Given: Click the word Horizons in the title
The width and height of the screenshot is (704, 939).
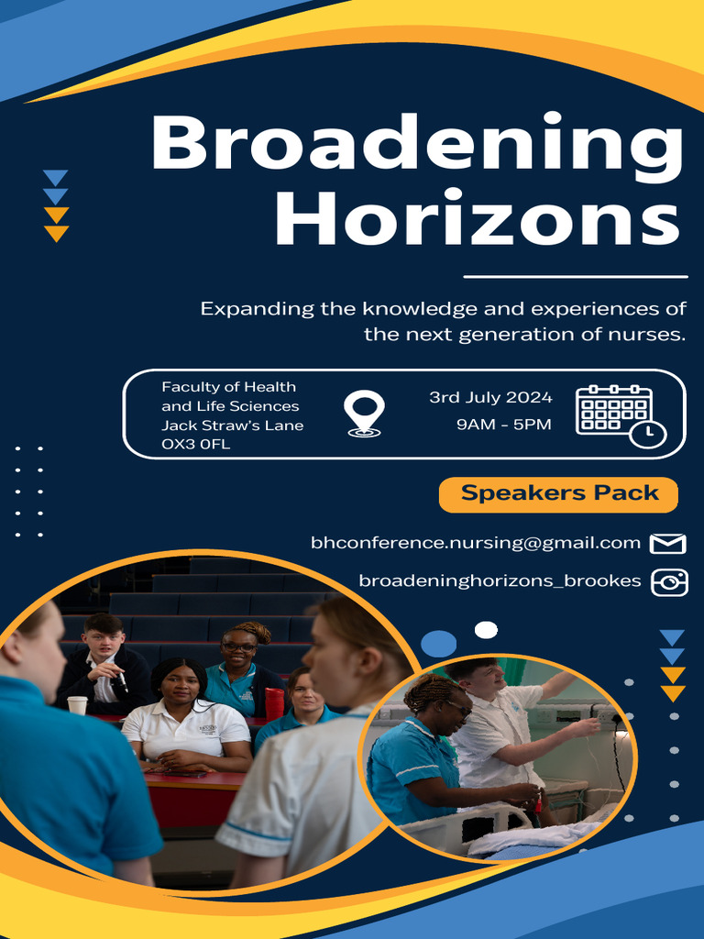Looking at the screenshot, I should point(477,220).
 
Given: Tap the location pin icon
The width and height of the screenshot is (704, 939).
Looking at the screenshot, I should point(364,414).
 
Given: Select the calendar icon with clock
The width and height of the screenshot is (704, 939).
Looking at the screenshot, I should point(620,415).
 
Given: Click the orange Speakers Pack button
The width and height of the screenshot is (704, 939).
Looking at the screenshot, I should point(558,493).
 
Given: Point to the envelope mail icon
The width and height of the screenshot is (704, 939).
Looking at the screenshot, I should point(667,544).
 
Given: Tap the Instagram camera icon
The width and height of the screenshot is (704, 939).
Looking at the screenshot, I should point(668,582).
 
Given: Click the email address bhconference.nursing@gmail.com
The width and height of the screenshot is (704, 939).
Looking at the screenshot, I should point(475,543).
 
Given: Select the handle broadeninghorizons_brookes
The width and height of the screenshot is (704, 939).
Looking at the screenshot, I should point(500,581).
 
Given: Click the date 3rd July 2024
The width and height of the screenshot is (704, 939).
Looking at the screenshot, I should point(490,397).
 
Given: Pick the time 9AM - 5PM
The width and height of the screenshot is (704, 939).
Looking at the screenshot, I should point(503,425).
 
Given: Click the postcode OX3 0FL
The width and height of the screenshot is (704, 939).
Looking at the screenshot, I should point(195,444).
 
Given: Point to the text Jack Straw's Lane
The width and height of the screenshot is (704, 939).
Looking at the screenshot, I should point(232,425).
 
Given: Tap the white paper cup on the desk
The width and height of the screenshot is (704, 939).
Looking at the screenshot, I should point(77,704).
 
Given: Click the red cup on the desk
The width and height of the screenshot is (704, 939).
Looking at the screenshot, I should point(274,702).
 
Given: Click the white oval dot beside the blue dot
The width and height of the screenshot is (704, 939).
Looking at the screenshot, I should point(486,629).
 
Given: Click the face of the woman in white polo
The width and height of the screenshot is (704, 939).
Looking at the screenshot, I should point(180,684).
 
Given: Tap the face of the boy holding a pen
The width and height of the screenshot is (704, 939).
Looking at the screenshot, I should point(103,638).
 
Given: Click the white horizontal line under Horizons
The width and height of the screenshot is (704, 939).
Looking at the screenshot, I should point(575,275).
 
